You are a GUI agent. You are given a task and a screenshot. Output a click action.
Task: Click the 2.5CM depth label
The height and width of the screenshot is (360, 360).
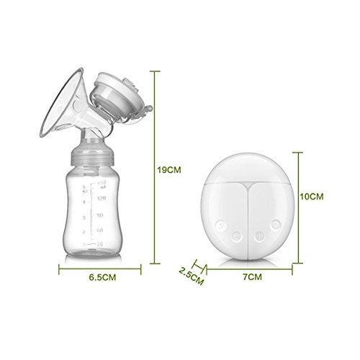tap(188, 275)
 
